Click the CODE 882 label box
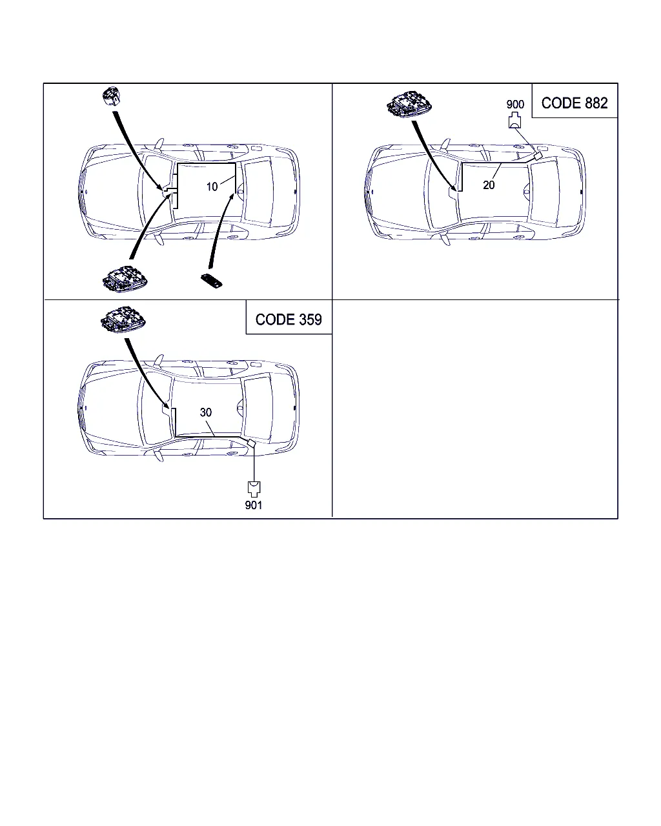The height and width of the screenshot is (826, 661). [x=575, y=101]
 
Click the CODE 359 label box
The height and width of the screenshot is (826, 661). [x=289, y=317]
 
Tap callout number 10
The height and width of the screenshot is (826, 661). [x=212, y=187]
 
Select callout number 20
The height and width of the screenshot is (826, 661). [x=489, y=185]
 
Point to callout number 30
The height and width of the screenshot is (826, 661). [x=206, y=412]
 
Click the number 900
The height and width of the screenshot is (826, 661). [x=515, y=105]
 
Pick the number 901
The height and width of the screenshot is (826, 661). [x=254, y=505]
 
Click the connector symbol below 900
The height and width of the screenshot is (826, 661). [x=514, y=120]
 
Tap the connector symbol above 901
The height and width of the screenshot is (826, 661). [x=254, y=489]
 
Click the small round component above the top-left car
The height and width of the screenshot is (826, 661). [x=111, y=96]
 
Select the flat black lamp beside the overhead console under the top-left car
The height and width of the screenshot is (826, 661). [x=212, y=280]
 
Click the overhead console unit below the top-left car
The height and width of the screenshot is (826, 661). [x=125, y=279]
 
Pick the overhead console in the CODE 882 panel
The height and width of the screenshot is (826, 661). [x=409, y=104]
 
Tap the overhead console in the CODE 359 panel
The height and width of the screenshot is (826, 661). [x=123, y=319]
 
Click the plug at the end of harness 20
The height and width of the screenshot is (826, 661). [x=538, y=156]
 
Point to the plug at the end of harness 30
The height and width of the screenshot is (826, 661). [x=252, y=443]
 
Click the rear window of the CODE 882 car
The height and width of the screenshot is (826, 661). [x=545, y=192]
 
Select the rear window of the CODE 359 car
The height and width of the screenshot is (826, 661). [x=258, y=408]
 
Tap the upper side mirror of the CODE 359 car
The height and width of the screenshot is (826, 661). [x=159, y=359]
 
